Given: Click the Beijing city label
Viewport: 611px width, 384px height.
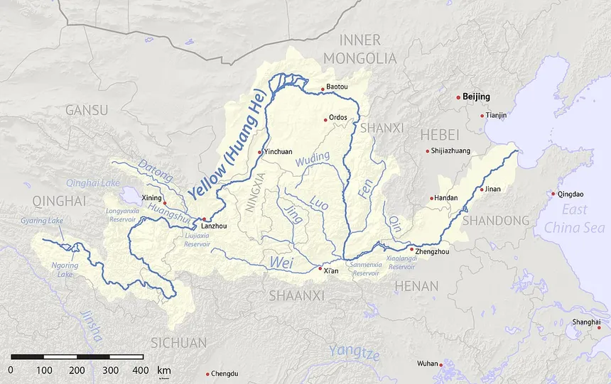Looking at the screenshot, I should point(477,97).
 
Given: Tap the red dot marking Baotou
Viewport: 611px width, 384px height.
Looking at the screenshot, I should point(323,89).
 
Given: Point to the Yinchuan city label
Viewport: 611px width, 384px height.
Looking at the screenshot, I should point(278,152).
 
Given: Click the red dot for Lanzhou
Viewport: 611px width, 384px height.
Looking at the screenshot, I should point(204,219).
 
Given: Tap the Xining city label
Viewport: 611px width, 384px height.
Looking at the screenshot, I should point(151,197).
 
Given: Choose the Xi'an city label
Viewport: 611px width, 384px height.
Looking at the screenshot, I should point(331,271).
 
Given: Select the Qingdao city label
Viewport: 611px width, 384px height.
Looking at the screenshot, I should point(571,194).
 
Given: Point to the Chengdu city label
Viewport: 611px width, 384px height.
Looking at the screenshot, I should point(225,374).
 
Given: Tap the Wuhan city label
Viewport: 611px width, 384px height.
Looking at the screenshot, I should point(428,364).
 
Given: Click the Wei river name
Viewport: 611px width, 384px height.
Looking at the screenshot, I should point(281,262).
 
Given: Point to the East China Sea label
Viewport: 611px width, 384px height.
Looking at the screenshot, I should point(574,219).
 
